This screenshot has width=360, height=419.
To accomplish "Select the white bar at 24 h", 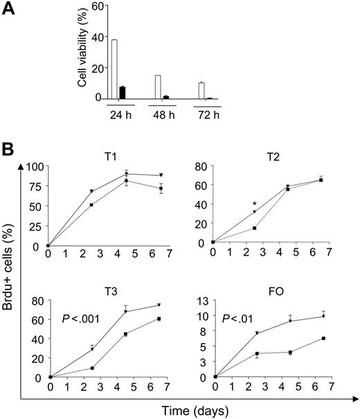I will coord(114,69).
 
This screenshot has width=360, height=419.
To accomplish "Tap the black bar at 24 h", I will coord(123,93).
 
